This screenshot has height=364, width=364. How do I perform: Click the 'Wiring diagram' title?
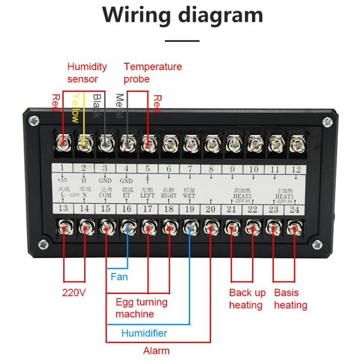click(182, 15)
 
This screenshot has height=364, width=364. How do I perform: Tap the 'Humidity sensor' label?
click(87, 73)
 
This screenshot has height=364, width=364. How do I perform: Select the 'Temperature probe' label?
click(152, 73)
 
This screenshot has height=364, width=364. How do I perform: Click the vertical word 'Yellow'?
click(76, 108)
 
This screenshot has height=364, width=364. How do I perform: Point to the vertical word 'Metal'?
click(119, 106)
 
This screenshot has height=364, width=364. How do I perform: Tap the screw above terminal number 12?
click(297, 144)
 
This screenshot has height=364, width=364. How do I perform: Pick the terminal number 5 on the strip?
click(147, 169)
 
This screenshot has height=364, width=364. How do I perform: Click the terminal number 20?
click(210, 209)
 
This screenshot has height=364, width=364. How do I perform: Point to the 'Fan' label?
click(119, 277)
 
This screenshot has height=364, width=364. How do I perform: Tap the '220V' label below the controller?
click(74, 293)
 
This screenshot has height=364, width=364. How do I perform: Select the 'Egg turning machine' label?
click(141, 308)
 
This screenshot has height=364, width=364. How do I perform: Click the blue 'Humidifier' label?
click(144, 333)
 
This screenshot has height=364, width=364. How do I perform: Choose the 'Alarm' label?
click(156, 351)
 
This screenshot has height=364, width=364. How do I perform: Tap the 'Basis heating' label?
click(291, 299)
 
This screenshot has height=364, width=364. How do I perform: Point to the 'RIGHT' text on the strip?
click(168, 196)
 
